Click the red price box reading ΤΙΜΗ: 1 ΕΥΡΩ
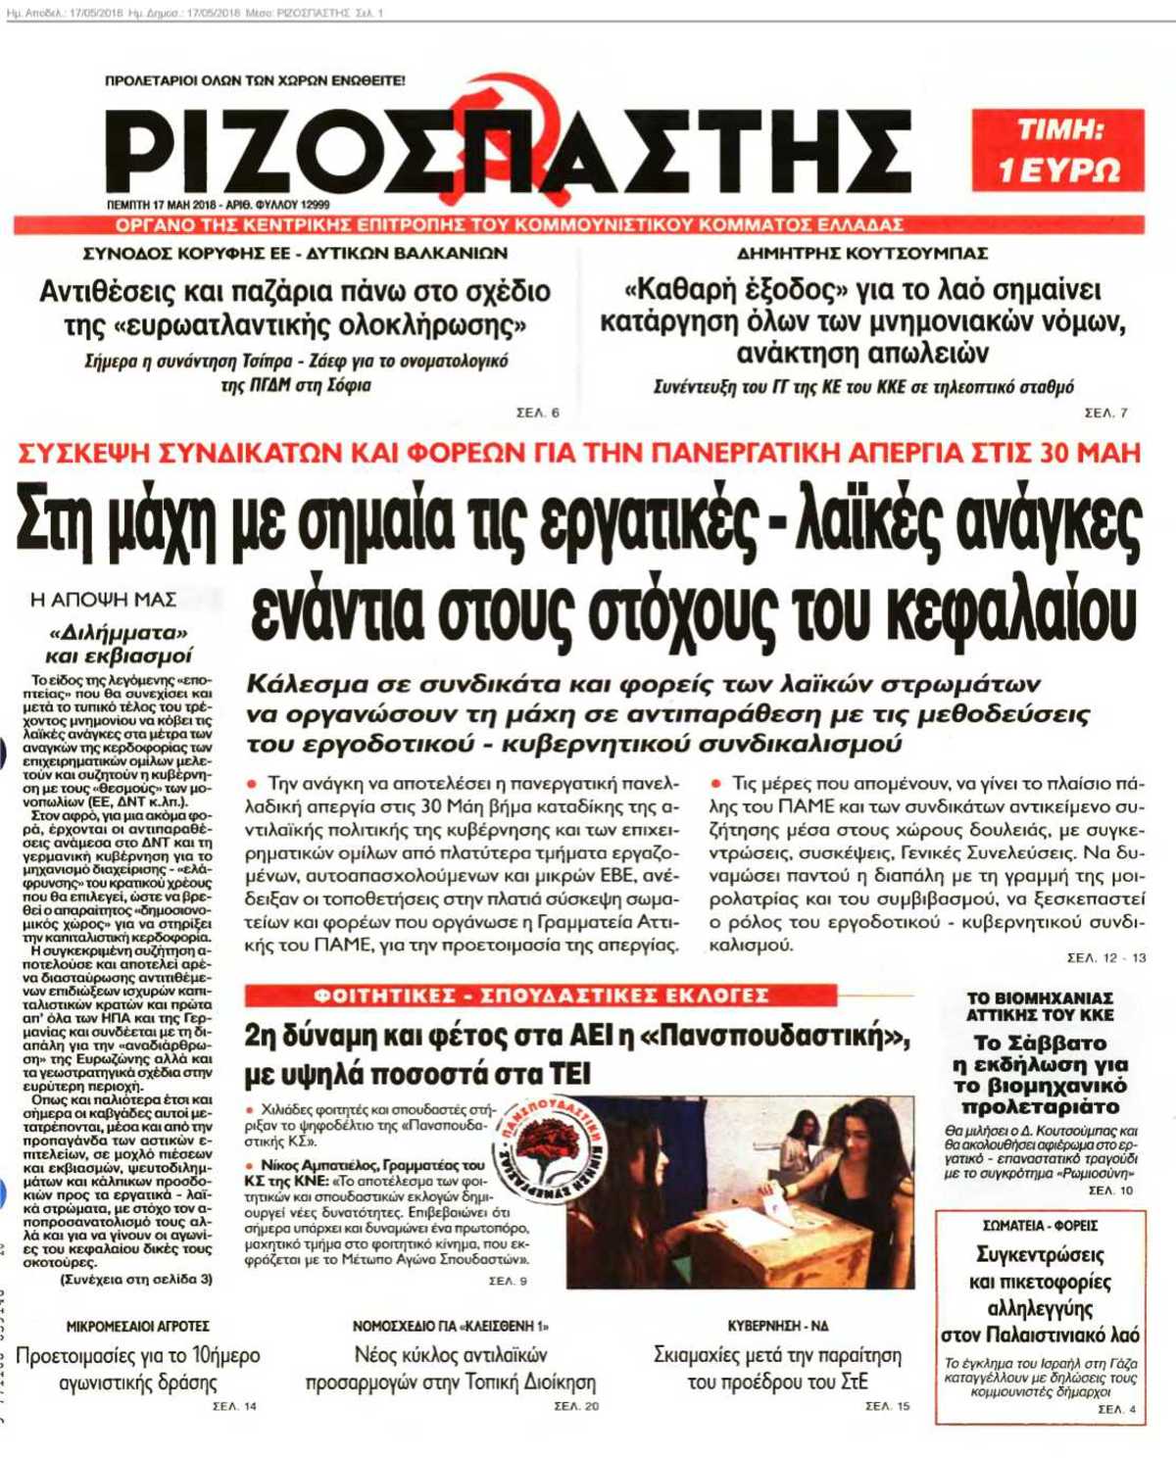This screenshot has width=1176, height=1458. click(1057, 150)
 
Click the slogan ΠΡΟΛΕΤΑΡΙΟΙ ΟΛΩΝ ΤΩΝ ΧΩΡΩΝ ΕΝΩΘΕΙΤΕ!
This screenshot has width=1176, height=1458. click(255, 80)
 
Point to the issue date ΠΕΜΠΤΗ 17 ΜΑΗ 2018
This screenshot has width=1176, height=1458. click(161, 206)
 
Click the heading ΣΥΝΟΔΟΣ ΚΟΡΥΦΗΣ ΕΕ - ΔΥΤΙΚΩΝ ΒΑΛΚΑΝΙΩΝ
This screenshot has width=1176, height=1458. click(295, 254)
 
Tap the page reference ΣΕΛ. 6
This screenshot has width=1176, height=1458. click(538, 413)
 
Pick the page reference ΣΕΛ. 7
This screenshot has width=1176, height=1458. click(1105, 413)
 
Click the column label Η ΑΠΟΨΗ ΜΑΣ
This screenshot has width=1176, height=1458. click(103, 599)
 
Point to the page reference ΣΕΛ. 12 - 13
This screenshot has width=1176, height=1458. click(1105, 957)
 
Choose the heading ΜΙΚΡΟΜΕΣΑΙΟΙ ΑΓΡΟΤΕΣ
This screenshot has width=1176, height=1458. click(137, 1326)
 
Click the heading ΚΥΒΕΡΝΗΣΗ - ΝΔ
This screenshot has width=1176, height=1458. click(778, 1326)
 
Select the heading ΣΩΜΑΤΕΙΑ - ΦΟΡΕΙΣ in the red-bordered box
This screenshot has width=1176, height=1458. click(1040, 1226)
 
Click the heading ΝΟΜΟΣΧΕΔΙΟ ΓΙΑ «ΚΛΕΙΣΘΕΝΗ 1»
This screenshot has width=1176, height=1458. click(451, 1326)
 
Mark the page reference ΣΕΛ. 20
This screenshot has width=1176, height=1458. click(576, 1406)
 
